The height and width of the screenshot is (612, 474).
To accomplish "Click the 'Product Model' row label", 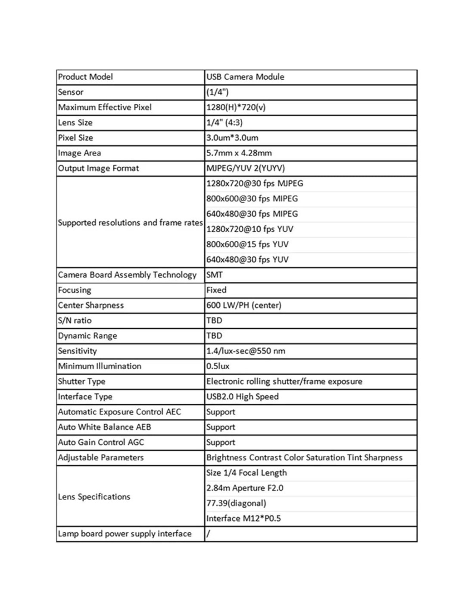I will [x=85, y=77].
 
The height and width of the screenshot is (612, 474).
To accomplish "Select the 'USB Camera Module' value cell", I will [x=245, y=77].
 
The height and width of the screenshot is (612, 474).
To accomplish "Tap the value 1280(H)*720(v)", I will [x=236, y=107].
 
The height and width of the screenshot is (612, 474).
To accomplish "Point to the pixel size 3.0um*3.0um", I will [x=232, y=138].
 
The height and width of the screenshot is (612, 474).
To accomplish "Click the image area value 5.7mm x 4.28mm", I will [x=239, y=153].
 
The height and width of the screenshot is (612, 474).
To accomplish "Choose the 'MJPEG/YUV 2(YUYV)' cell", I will [x=245, y=168].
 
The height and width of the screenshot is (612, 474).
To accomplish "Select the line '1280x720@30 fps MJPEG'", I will [x=255, y=183].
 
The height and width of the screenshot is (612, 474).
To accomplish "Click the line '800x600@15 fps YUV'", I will [x=247, y=244].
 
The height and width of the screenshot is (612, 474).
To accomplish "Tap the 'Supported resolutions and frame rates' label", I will [x=130, y=223].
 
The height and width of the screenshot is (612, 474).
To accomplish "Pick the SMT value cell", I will [x=215, y=275].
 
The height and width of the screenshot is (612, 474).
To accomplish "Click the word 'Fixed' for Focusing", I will [x=216, y=290].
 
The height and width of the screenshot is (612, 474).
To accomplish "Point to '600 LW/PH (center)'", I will [x=243, y=305].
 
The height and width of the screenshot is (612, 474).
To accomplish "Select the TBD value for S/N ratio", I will [x=214, y=321].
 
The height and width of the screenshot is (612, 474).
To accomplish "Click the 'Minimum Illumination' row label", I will [x=100, y=366].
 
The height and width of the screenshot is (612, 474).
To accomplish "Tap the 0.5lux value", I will [x=218, y=366].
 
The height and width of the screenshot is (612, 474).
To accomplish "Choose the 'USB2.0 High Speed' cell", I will [x=242, y=397].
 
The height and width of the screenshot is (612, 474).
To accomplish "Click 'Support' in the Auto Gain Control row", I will [x=221, y=442].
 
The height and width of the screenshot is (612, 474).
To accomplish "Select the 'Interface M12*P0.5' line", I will [x=243, y=519].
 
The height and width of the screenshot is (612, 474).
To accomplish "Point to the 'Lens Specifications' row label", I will [x=94, y=497].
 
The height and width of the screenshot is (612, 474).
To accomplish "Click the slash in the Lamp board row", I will [x=208, y=534].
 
